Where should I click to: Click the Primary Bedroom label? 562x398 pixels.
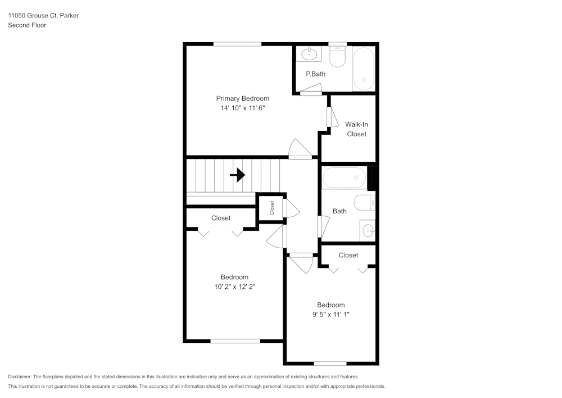[242, 99]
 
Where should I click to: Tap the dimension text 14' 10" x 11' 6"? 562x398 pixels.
[242, 108]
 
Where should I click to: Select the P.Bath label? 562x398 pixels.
[315, 74]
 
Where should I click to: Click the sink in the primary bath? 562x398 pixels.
[309, 55]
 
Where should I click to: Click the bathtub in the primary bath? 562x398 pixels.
[363, 69]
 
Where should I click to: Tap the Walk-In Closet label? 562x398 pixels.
[356, 129]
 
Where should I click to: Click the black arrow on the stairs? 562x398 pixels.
[238, 175]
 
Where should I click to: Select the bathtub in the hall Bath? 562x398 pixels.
[344, 178]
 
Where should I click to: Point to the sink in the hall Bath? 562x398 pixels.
[368, 230]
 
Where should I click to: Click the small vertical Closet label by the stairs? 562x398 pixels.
[272, 208]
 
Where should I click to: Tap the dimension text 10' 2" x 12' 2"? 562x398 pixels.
[234, 287]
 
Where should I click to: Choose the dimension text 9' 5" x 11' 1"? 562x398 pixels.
[330, 315]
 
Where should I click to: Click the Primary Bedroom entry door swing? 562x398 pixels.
[299, 149]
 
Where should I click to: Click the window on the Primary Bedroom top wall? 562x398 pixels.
[237, 44]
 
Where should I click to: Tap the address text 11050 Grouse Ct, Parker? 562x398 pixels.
[43, 16]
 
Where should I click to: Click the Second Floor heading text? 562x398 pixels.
[27, 25]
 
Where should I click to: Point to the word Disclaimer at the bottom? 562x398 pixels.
[20, 377]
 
